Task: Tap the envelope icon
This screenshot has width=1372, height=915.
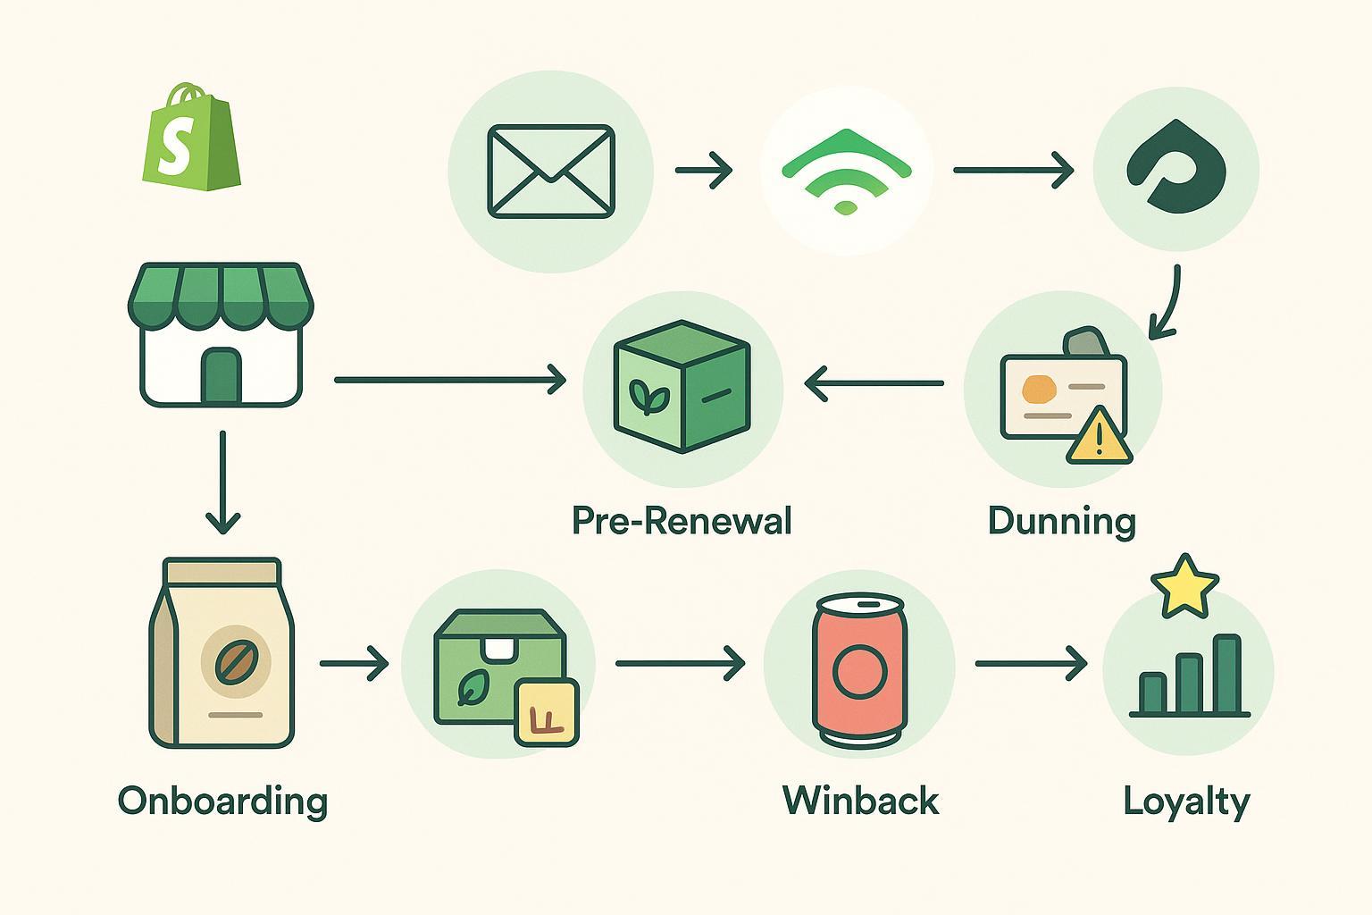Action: coord(551,171)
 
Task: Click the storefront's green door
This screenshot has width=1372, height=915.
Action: coord(222,375)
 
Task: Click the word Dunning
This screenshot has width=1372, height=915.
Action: coord(1061,520)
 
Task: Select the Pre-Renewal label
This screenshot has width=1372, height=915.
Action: coord(682,520)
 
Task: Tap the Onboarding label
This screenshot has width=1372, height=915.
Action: coord(222,801)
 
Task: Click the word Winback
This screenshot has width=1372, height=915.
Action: coord(860,800)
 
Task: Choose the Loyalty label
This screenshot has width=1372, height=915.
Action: coord(1186,801)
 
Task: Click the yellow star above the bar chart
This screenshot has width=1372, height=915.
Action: coord(1184,586)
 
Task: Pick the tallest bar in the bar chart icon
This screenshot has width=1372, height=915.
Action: coord(1227,675)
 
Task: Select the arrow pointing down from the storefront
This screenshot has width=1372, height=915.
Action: coord(222,483)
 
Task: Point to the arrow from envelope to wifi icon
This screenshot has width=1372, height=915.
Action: coord(704,170)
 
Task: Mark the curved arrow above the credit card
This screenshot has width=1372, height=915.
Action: coord(1166,304)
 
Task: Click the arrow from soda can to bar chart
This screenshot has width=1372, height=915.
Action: coord(1031,664)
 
